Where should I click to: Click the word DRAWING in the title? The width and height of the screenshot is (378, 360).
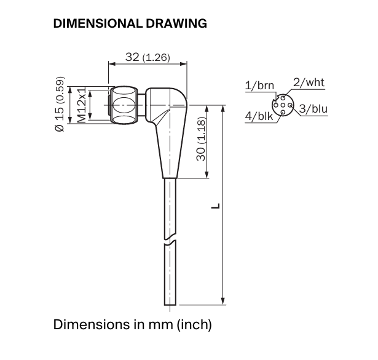tap(176, 23)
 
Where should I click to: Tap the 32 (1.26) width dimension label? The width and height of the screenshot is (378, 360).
tap(148, 57)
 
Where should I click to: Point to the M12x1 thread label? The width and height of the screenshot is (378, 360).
tap(82, 105)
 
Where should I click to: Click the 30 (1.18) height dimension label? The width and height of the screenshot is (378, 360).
tap(201, 139)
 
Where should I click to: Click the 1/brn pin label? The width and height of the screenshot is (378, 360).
tap(259, 86)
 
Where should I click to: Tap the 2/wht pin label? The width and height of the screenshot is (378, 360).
tap(309, 82)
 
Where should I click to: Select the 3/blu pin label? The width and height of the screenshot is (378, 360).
tap(313, 108)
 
